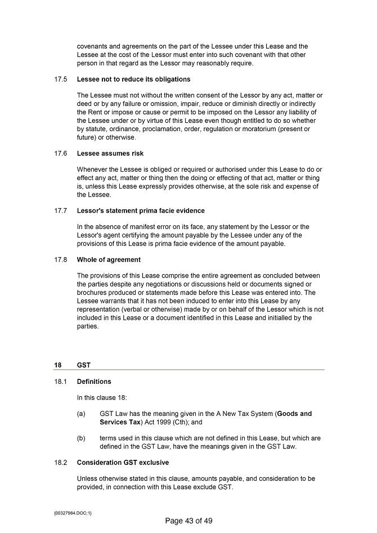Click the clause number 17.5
pos(61,79)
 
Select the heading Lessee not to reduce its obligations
pos(133,79)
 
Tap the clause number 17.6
pos(61,153)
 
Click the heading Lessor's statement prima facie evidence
pos(141,210)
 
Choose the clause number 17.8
pos(61,259)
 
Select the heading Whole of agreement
pos(109,259)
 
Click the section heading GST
pos(83,365)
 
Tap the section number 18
pos(58,365)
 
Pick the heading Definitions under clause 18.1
pos(94,382)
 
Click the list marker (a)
pos(81,414)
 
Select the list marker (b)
pos(81,438)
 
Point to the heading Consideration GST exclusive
pos(123,463)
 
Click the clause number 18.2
pos(61,463)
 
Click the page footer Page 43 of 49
pos(188,521)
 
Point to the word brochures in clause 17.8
pos(93,292)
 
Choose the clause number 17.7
pos(61,210)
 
